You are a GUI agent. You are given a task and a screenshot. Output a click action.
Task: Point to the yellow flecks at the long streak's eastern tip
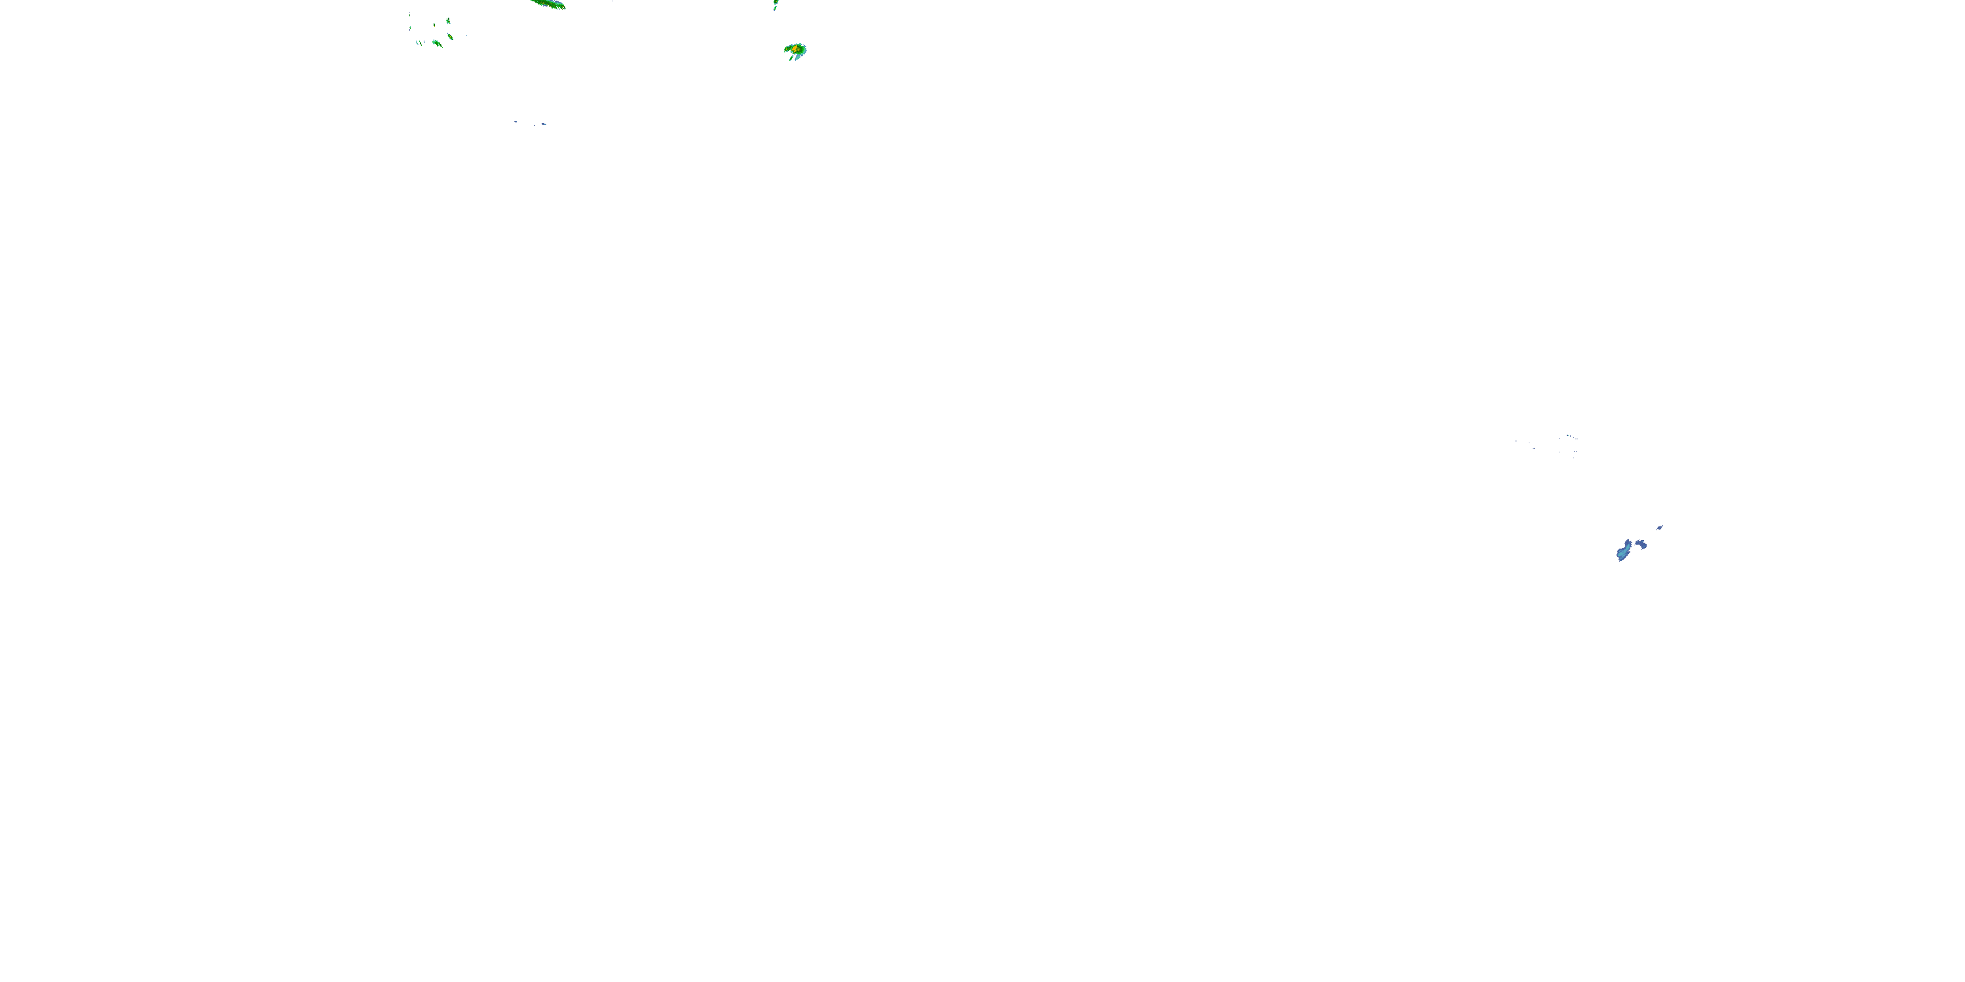[563, 7]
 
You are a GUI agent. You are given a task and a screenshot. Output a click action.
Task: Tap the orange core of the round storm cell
[795, 49]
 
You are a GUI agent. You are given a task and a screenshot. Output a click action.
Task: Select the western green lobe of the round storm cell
[787, 50]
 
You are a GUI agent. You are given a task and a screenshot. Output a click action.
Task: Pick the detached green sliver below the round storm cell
[792, 59]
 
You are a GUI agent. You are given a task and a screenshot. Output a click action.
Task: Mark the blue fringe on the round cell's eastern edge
[806, 50]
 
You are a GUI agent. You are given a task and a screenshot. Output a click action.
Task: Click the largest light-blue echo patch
[1622, 555]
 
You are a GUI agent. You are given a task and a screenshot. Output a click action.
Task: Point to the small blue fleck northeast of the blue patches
[1660, 528]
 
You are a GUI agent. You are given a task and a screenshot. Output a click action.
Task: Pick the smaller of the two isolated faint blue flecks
[515, 122]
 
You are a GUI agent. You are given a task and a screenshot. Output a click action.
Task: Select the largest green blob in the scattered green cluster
[436, 43]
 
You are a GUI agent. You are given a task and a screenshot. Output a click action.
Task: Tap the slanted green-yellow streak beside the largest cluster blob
[451, 37]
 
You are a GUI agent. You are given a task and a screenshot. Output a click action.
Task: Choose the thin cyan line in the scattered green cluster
[417, 43]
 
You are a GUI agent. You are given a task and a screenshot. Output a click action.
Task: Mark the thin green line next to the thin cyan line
[421, 43]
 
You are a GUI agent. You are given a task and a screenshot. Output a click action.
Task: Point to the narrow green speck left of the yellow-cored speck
[435, 25]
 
